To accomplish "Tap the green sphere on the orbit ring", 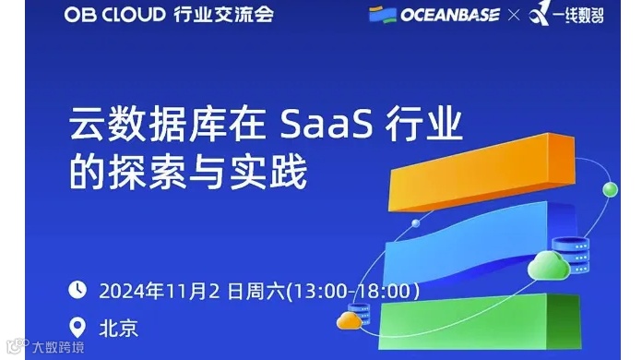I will click(610, 190).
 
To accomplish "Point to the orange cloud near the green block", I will click(349, 320).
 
